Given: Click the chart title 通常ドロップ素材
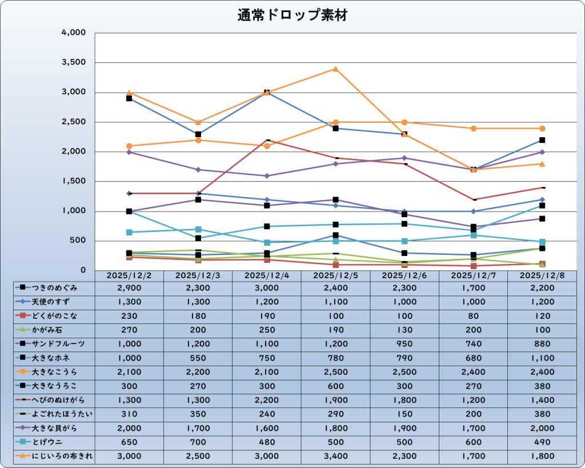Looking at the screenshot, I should pos(292,15).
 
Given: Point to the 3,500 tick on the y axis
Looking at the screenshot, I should pos(74,62).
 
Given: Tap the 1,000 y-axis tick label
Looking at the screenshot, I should pos(74,211).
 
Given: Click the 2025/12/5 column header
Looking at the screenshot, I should pos(335,275).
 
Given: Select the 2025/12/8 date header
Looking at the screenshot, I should pos(542,275).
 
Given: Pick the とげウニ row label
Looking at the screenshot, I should pos(51,442).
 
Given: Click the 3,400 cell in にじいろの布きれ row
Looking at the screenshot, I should pos(335,456).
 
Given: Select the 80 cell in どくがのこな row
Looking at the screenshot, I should pos(473,315).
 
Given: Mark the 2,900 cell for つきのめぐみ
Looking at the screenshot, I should pos(129,287).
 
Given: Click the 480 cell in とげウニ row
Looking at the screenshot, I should pos(267,442).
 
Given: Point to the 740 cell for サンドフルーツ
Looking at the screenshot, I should pos(473,344).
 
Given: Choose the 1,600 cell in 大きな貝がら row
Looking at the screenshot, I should pos(267,428).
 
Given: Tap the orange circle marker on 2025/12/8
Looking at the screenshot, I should pos(542,129).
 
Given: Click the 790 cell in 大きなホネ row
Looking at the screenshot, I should pos(404,358).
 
